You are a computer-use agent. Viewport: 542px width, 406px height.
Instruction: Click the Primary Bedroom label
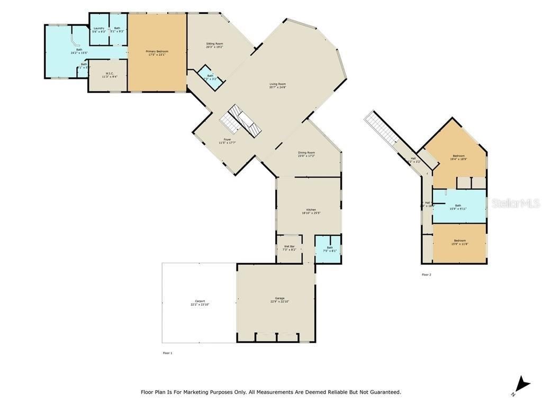[x=157, y=51]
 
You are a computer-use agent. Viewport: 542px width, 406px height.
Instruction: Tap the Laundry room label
[x=99, y=28]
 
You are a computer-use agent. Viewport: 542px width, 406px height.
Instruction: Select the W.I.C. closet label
[x=110, y=73]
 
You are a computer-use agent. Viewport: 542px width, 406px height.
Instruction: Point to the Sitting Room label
[x=214, y=44]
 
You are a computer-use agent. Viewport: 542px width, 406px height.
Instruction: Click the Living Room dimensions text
[x=278, y=87]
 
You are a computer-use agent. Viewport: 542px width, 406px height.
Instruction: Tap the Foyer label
[x=227, y=140]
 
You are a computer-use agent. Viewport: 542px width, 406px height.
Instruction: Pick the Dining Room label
[x=306, y=153]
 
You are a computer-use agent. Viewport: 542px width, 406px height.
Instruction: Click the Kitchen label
[x=311, y=210]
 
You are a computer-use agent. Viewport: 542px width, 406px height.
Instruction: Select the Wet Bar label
[x=289, y=246]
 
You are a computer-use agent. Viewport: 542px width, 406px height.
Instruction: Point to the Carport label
[x=200, y=301]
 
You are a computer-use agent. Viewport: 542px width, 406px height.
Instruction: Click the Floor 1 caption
[x=167, y=353]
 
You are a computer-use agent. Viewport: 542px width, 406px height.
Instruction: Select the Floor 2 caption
[x=426, y=275]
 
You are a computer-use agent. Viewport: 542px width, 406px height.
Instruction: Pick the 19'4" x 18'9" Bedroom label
[x=458, y=156]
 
